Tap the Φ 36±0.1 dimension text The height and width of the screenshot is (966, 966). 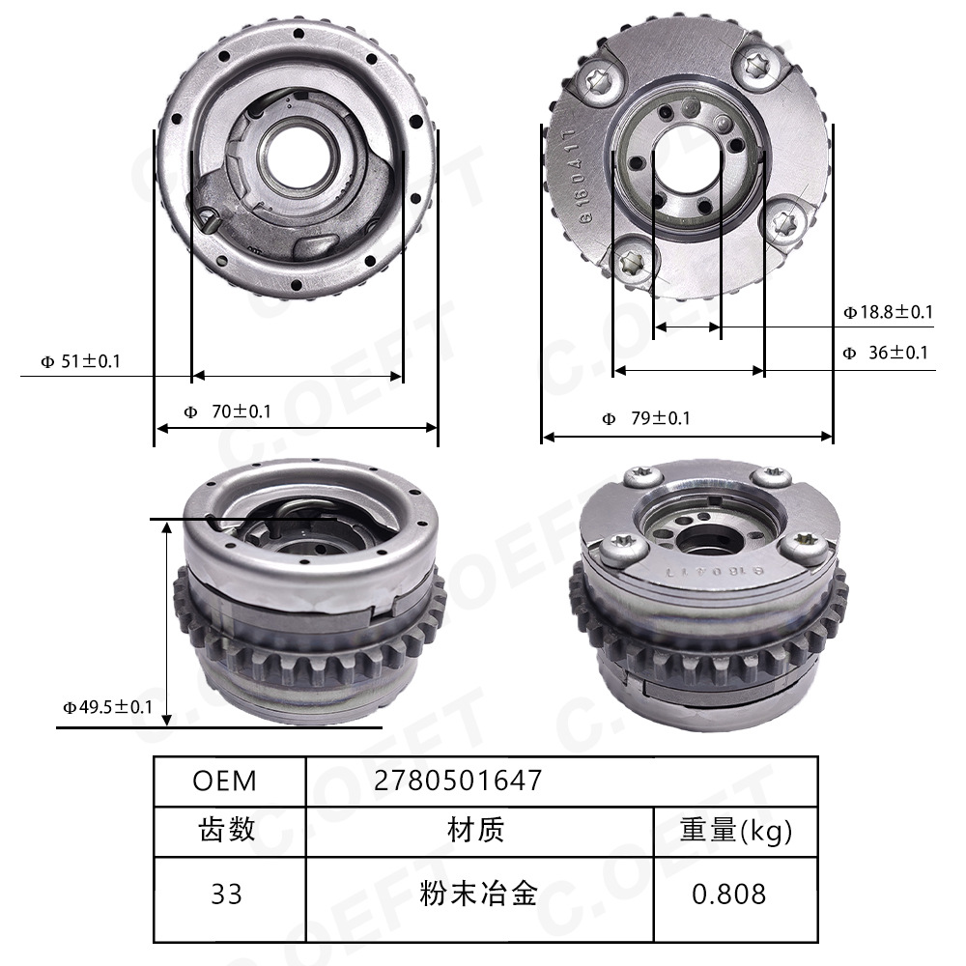[x=885, y=353]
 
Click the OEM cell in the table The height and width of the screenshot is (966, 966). [x=225, y=780]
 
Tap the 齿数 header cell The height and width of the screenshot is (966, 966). [x=227, y=829]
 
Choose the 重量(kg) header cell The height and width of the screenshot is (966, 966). [x=736, y=829]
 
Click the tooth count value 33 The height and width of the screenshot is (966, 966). [x=227, y=894]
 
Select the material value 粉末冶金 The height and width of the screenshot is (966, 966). [x=477, y=894]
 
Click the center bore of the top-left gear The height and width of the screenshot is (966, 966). [x=293, y=156]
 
